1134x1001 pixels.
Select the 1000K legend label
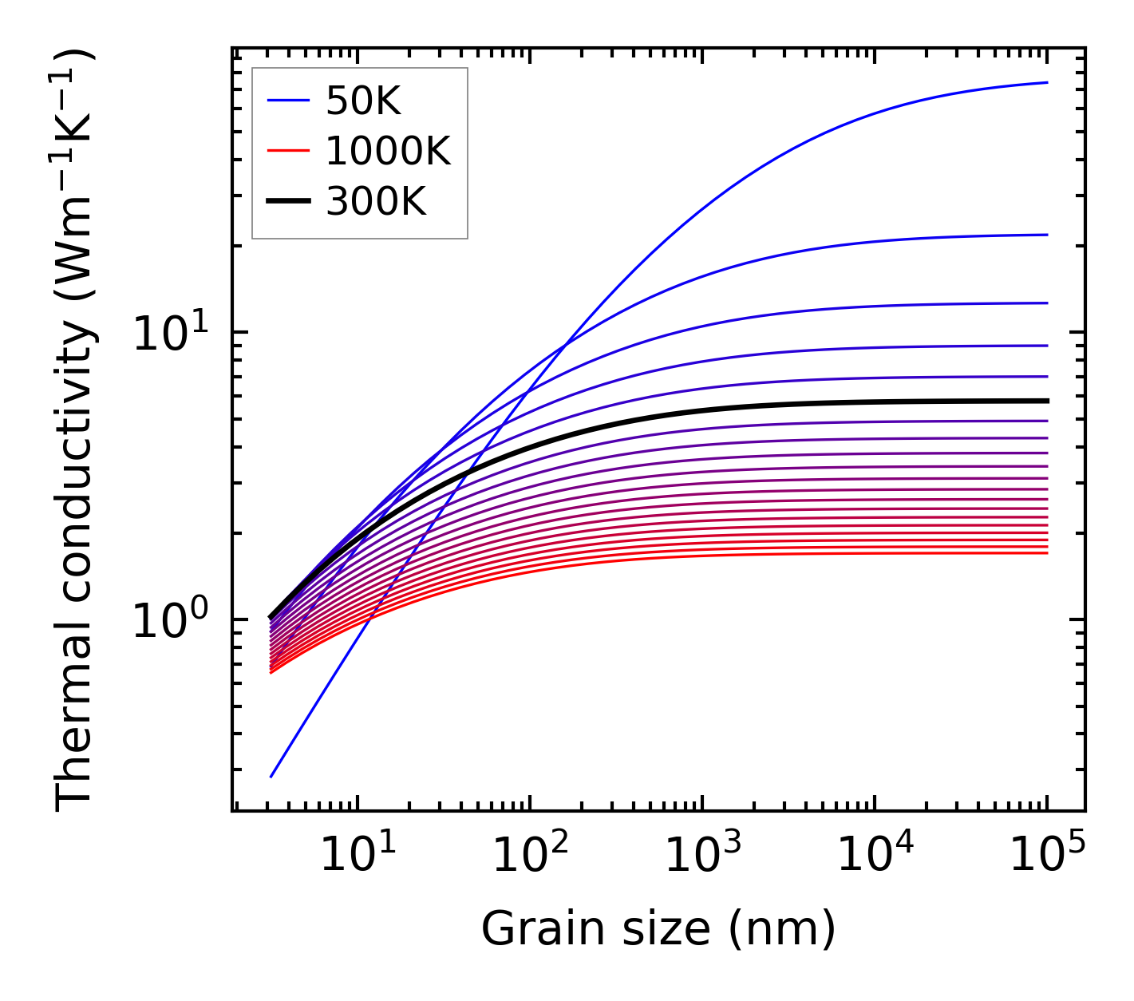[388, 151]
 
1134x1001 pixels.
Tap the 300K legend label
[376, 202]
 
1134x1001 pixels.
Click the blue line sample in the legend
[288, 101]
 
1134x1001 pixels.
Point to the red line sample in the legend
[288, 151]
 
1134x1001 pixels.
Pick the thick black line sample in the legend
[288, 202]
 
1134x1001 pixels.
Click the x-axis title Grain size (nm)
[658, 929]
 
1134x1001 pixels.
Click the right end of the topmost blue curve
[1047, 82]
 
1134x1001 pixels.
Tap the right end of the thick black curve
[1047, 401]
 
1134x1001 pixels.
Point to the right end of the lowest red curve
[1047, 553]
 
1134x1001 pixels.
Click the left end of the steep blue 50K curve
[271, 777]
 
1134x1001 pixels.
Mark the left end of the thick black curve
[271, 617]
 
